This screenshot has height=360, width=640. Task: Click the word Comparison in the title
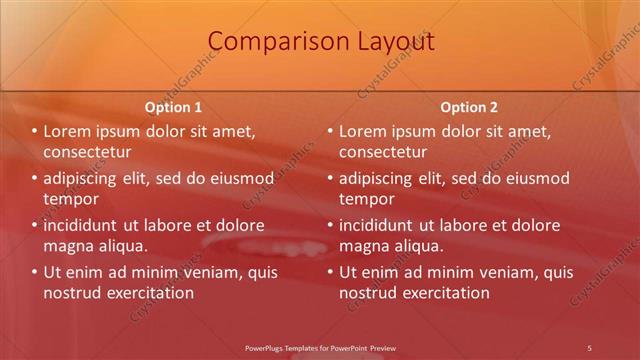pos(265,41)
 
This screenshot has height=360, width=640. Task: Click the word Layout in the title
pos(393,41)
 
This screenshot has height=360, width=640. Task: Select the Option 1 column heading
pos(173,107)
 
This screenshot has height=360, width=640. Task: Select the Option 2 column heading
pos(469,107)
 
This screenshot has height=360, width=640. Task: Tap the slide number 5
pos(589,347)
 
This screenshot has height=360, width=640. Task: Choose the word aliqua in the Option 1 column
pos(123,245)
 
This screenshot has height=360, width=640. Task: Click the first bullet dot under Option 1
pos(34,132)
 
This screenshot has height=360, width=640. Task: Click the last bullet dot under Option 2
pos(330,272)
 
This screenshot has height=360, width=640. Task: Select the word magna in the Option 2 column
pos(366,245)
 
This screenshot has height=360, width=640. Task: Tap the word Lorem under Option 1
pos(68,131)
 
